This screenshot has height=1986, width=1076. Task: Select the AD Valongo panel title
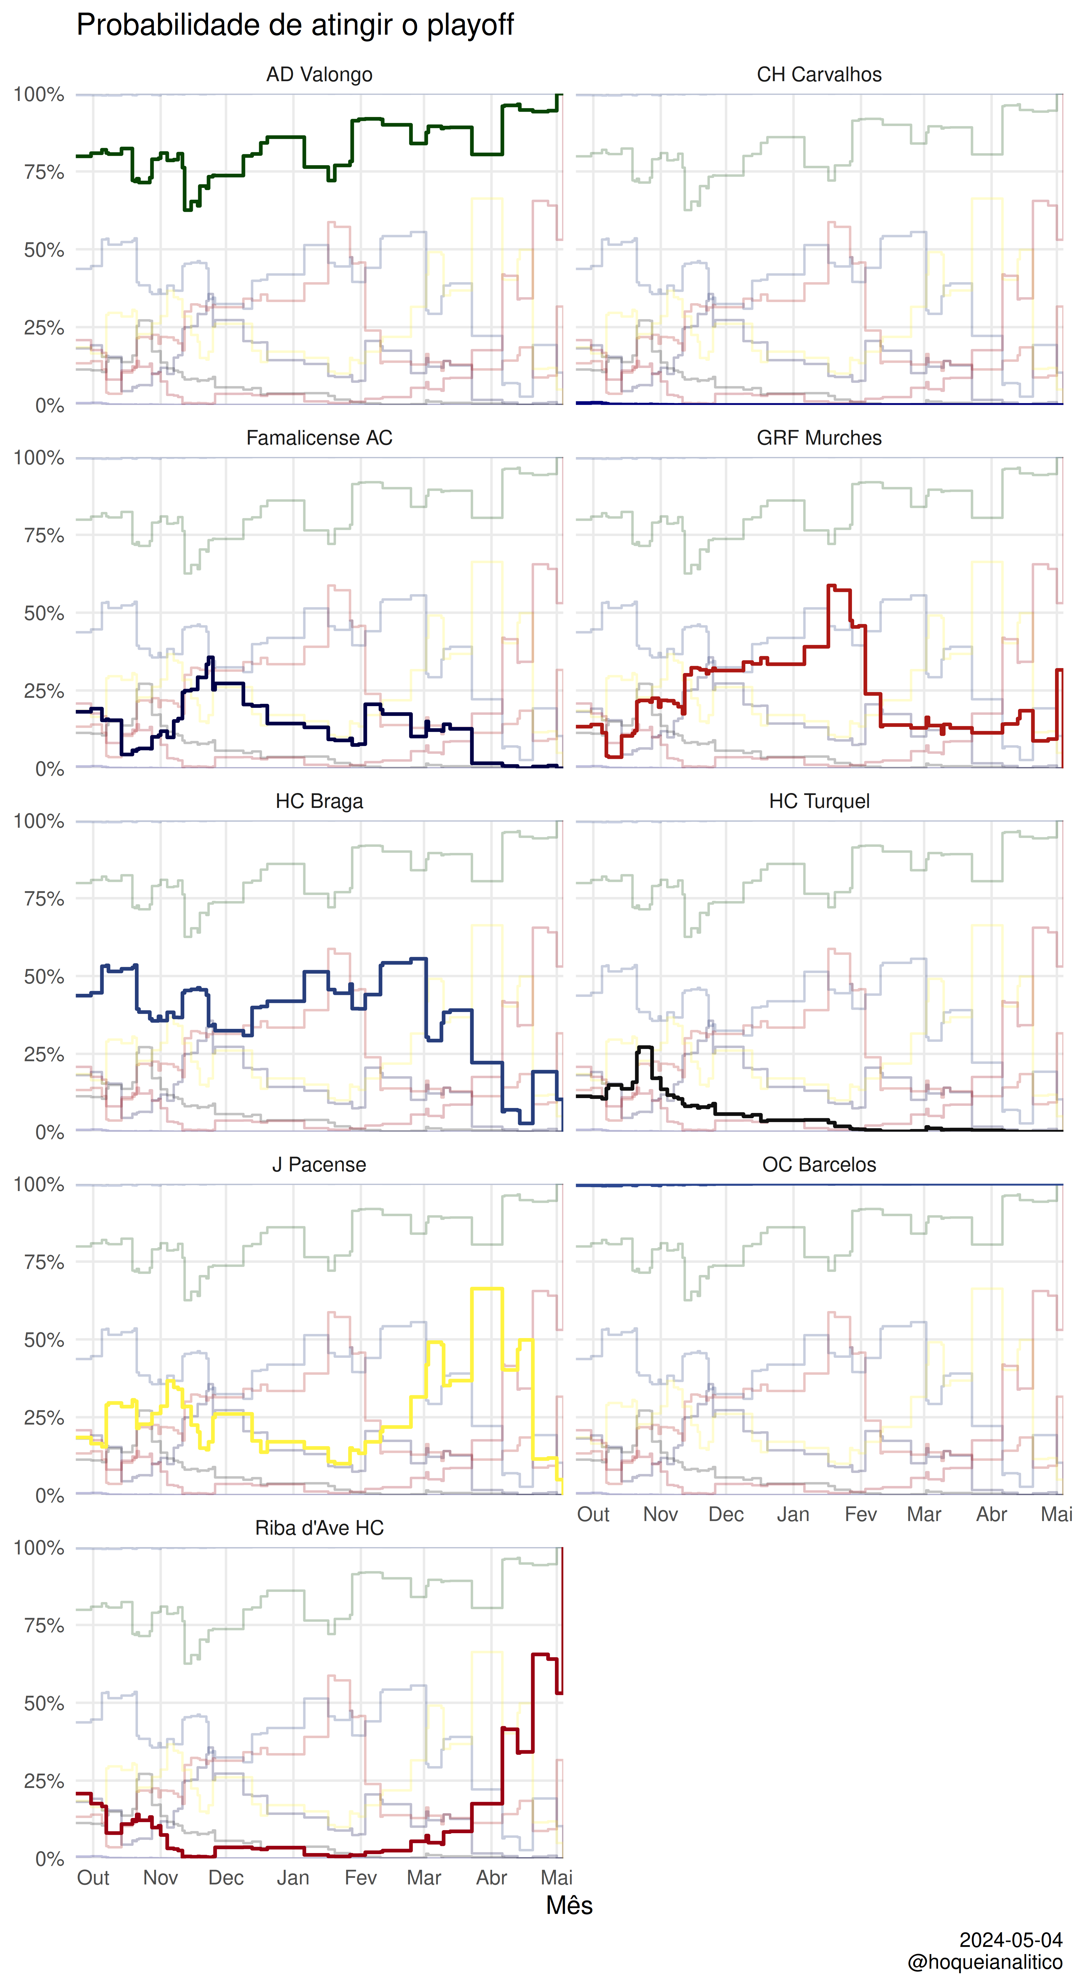pyautogui.click(x=319, y=75)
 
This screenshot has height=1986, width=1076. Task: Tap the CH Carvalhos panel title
pyautogui.click(x=819, y=75)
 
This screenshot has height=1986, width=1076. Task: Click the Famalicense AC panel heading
pyautogui.click(x=319, y=438)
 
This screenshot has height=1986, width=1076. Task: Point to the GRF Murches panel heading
pyautogui.click(x=819, y=438)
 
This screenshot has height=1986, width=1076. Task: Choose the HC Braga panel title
pyautogui.click(x=319, y=801)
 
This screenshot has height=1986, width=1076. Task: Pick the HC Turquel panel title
pyautogui.click(x=819, y=801)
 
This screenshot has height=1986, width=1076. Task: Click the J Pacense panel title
pyautogui.click(x=319, y=1164)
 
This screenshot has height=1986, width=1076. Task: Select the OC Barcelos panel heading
pyautogui.click(x=819, y=1164)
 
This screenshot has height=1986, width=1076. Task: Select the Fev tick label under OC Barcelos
pyautogui.click(x=861, y=1514)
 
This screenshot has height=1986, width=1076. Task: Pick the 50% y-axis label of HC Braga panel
pyautogui.click(x=44, y=977)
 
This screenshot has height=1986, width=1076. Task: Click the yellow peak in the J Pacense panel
pyautogui.click(x=487, y=1288)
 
